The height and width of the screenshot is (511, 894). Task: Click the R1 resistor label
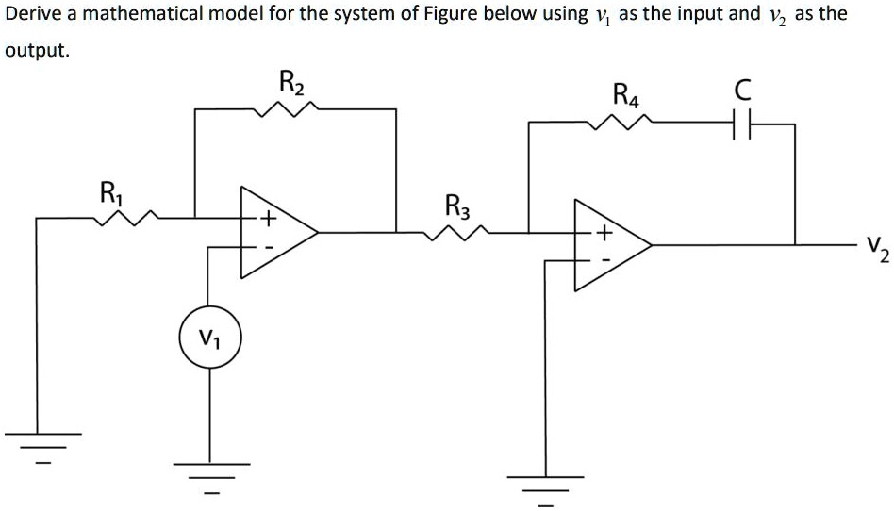110,193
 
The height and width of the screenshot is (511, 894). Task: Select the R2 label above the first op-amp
293,83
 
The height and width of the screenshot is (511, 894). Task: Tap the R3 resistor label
455,206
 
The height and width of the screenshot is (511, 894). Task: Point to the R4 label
625,94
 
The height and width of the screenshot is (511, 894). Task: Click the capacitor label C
743,91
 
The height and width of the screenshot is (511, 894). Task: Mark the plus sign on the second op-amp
604,232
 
